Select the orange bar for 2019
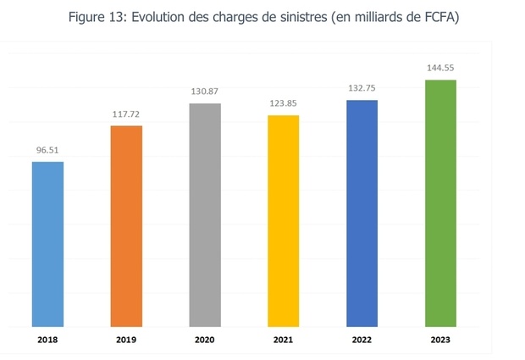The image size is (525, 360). [x=126, y=226]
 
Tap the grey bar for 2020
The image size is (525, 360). [x=205, y=215]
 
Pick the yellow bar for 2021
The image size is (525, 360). [x=284, y=221]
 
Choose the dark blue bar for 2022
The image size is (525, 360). [x=362, y=213]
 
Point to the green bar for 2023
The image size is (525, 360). [x=440, y=203]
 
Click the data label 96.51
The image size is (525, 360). [x=47, y=150]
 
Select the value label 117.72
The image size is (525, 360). [x=126, y=114]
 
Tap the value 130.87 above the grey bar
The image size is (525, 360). [x=205, y=91]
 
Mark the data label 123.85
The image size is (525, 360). [x=284, y=103]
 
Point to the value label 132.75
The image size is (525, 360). [x=362, y=88]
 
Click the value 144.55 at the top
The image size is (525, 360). [x=440, y=68]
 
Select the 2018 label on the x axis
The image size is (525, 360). [x=47, y=341]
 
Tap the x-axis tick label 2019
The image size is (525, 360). [x=126, y=341]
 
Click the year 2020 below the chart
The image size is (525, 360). [x=205, y=341]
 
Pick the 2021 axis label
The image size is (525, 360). [x=284, y=341]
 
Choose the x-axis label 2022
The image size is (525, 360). [x=362, y=341]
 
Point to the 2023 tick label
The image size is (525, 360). [x=440, y=341]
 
